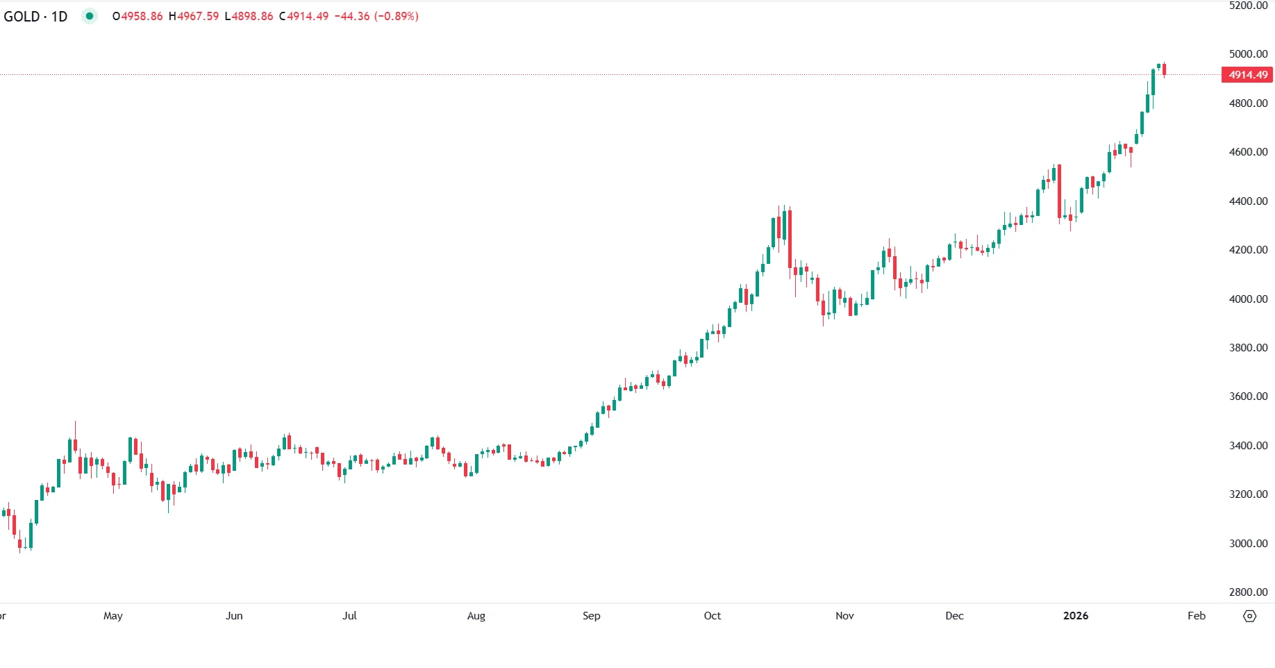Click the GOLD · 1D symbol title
pos(35,16)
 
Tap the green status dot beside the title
pos(89,16)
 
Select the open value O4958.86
pos(137,16)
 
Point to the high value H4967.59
pos(194,16)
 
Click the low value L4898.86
pos(249,16)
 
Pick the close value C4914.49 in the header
pos(303,16)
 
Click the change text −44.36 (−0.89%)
pos(376,16)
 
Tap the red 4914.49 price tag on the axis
pos(1247,75)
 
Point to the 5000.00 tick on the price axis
pos(1248,54)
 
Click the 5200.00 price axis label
pos(1248,6)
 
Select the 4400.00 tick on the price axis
pos(1248,201)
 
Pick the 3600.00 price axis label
pos(1248,396)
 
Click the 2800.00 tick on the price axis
pos(1248,592)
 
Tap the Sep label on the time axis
pos(591,616)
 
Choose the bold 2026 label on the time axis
pos(1076,616)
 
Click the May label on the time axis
pos(112,616)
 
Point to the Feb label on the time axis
pos(1196,616)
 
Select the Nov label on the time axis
pos(844,616)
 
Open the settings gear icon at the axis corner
pos(1249,616)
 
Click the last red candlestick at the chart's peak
pos(1164,69)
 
